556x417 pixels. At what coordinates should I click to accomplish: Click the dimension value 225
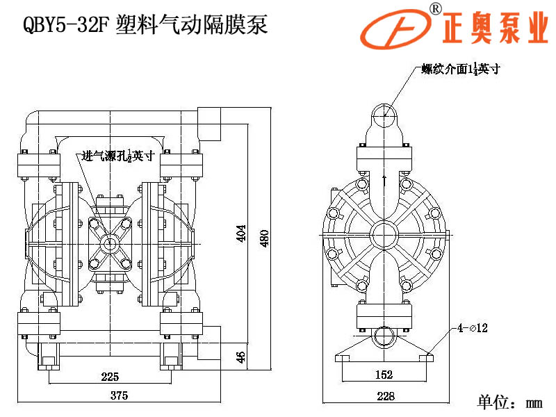110,377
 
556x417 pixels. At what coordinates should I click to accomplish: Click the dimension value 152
384,375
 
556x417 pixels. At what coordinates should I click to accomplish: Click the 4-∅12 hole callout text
472,327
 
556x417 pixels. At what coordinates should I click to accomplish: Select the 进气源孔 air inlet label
117,156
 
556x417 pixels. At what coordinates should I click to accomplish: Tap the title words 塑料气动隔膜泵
193,26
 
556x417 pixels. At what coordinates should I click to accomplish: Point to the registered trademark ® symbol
435,8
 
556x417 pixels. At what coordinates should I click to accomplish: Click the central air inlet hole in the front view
108,243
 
